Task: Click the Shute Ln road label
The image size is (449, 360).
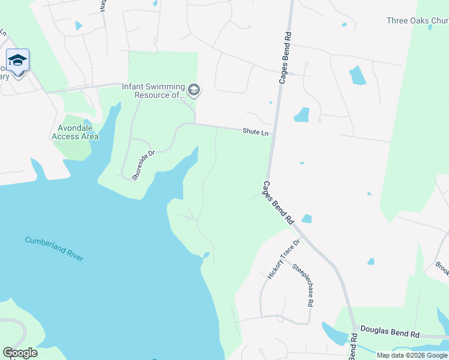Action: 256,131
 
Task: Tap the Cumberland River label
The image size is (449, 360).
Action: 54,248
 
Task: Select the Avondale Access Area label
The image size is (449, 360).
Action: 75,132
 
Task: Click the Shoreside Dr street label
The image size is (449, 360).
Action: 143,165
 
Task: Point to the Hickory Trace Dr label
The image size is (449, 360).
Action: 283,259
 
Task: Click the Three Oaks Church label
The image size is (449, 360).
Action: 417,20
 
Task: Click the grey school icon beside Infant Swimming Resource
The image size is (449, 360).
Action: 193,91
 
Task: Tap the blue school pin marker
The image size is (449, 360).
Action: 18,61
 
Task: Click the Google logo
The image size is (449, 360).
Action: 20,353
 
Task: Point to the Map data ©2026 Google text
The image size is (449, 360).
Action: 412,355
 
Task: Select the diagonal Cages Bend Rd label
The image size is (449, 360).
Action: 278,203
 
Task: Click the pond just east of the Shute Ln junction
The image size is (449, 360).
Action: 301,115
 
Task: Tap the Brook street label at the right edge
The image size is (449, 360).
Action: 442,268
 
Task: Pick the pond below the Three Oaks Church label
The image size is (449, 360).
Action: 358,75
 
